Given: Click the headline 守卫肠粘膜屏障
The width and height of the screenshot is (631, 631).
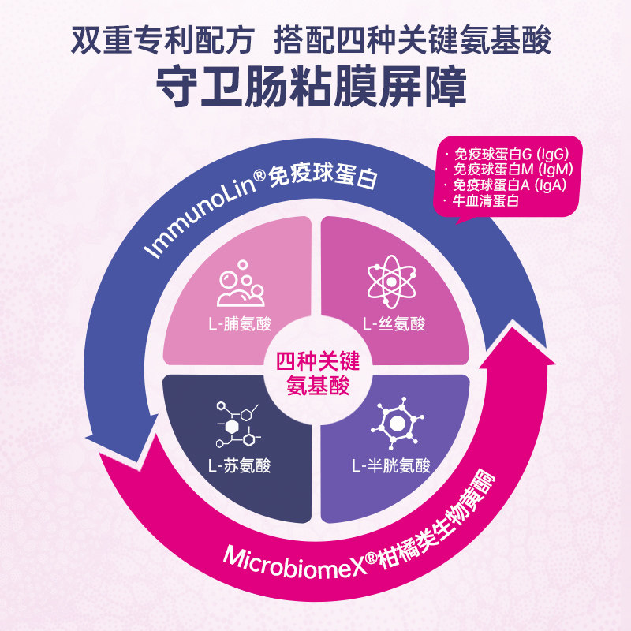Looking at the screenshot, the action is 315,85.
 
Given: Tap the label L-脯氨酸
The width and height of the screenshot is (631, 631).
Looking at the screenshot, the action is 237,323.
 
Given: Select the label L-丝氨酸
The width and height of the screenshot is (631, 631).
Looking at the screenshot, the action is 394,323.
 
